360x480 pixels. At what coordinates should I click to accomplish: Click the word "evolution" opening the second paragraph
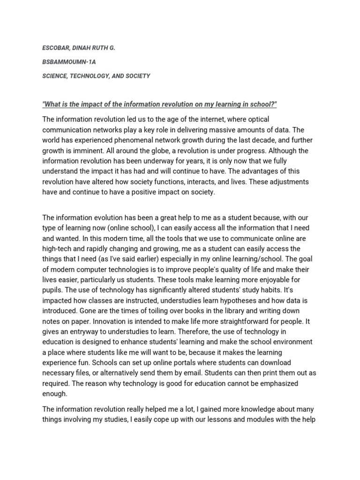click(100, 217)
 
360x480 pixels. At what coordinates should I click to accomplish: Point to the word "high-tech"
click(58, 248)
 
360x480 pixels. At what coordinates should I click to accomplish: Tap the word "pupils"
click(53, 279)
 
